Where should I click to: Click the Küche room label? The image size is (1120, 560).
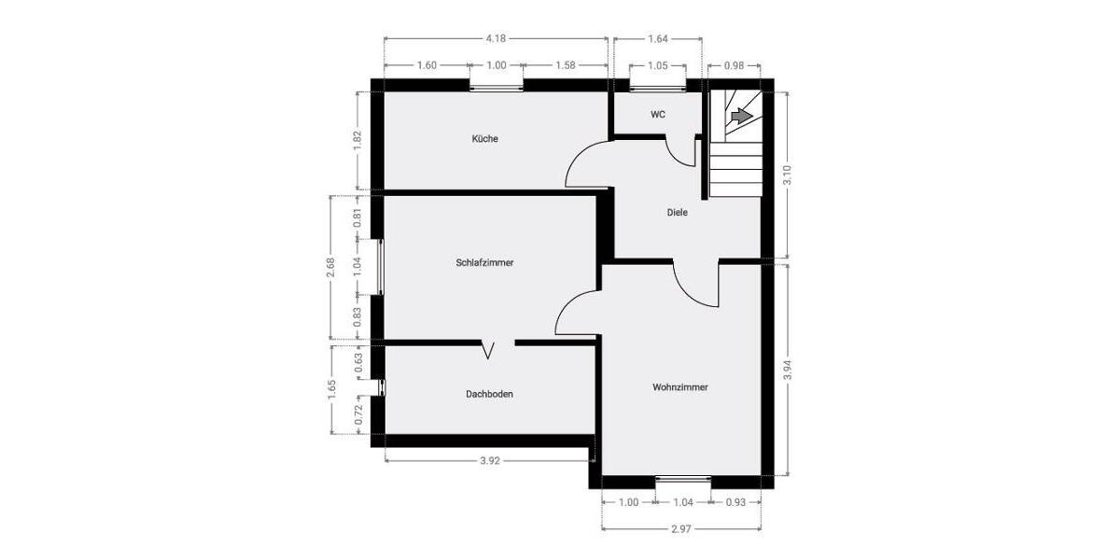484,139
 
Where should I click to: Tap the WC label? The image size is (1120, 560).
658,115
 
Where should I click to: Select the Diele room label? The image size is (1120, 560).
677,213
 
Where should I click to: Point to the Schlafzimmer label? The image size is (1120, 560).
484,263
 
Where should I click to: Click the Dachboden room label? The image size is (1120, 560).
489,394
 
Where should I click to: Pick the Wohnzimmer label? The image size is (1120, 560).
679,387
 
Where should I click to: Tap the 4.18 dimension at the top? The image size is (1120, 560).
496,39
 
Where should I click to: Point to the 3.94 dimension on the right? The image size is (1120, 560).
787,371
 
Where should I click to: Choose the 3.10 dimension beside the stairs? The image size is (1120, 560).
787,175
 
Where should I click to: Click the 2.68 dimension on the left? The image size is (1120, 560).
330,268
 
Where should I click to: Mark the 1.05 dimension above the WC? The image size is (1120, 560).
657,65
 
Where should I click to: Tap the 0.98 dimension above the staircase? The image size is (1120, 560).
734,65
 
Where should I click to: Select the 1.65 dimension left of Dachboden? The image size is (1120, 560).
331,389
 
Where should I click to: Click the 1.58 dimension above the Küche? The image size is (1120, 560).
565,65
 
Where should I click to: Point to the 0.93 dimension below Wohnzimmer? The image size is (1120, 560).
735,502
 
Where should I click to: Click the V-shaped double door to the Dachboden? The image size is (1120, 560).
489,350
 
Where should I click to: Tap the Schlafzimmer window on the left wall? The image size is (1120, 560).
380,268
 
